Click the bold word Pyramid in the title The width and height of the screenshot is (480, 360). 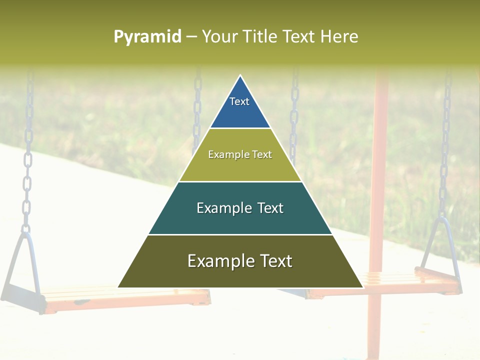pyautogui.click(x=147, y=37)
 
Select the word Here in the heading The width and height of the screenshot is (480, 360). pyautogui.click(x=339, y=37)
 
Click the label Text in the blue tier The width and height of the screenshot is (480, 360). pyautogui.click(x=239, y=101)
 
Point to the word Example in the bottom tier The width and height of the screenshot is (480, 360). pyautogui.click(x=218, y=261)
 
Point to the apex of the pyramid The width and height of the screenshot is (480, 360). pyautogui.click(x=240, y=76)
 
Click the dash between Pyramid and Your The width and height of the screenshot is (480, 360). pyautogui.click(x=191, y=37)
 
